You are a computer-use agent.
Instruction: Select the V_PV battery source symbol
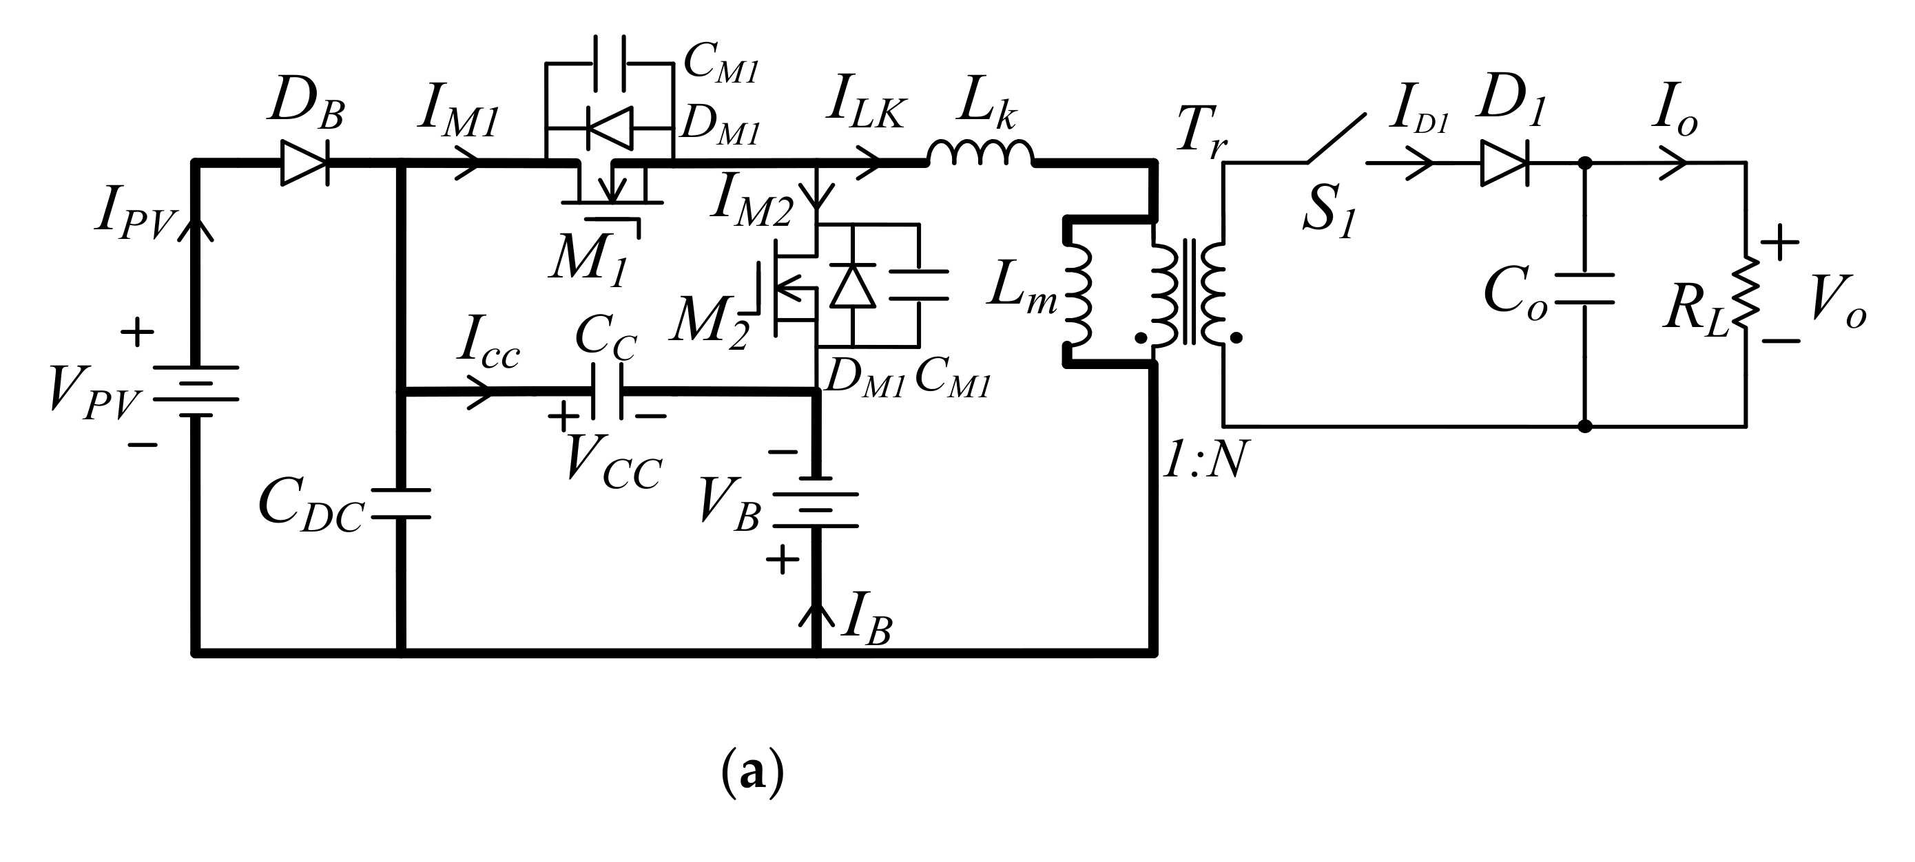(x=196, y=392)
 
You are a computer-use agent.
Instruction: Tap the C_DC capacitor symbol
(x=401, y=503)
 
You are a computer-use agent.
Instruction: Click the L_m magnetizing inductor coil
(x=1078, y=293)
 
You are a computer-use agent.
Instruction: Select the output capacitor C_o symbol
(x=1584, y=289)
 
